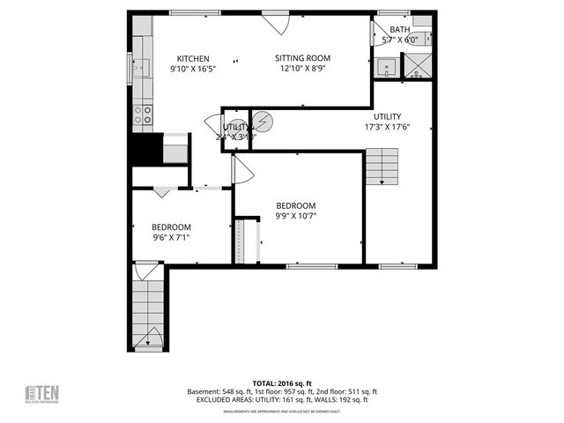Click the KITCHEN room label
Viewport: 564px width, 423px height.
coord(192,59)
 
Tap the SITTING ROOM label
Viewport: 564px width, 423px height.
coord(305,59)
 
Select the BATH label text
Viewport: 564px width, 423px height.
coord(399,29)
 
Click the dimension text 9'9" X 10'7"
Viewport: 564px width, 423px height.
coord(295,215)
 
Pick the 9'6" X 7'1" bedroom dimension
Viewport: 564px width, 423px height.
coord(171,236)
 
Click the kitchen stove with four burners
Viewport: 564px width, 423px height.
coord(142,115)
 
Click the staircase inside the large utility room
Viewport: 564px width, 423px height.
coord(380,165)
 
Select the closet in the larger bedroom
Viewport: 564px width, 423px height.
coord(246,240)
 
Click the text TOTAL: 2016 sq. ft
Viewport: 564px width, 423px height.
coord(281,382)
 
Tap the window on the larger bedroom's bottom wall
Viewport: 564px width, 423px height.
coord(312,265)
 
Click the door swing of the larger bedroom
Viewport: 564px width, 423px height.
coord(241,170)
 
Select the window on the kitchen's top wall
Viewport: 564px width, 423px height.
coord(196,12)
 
